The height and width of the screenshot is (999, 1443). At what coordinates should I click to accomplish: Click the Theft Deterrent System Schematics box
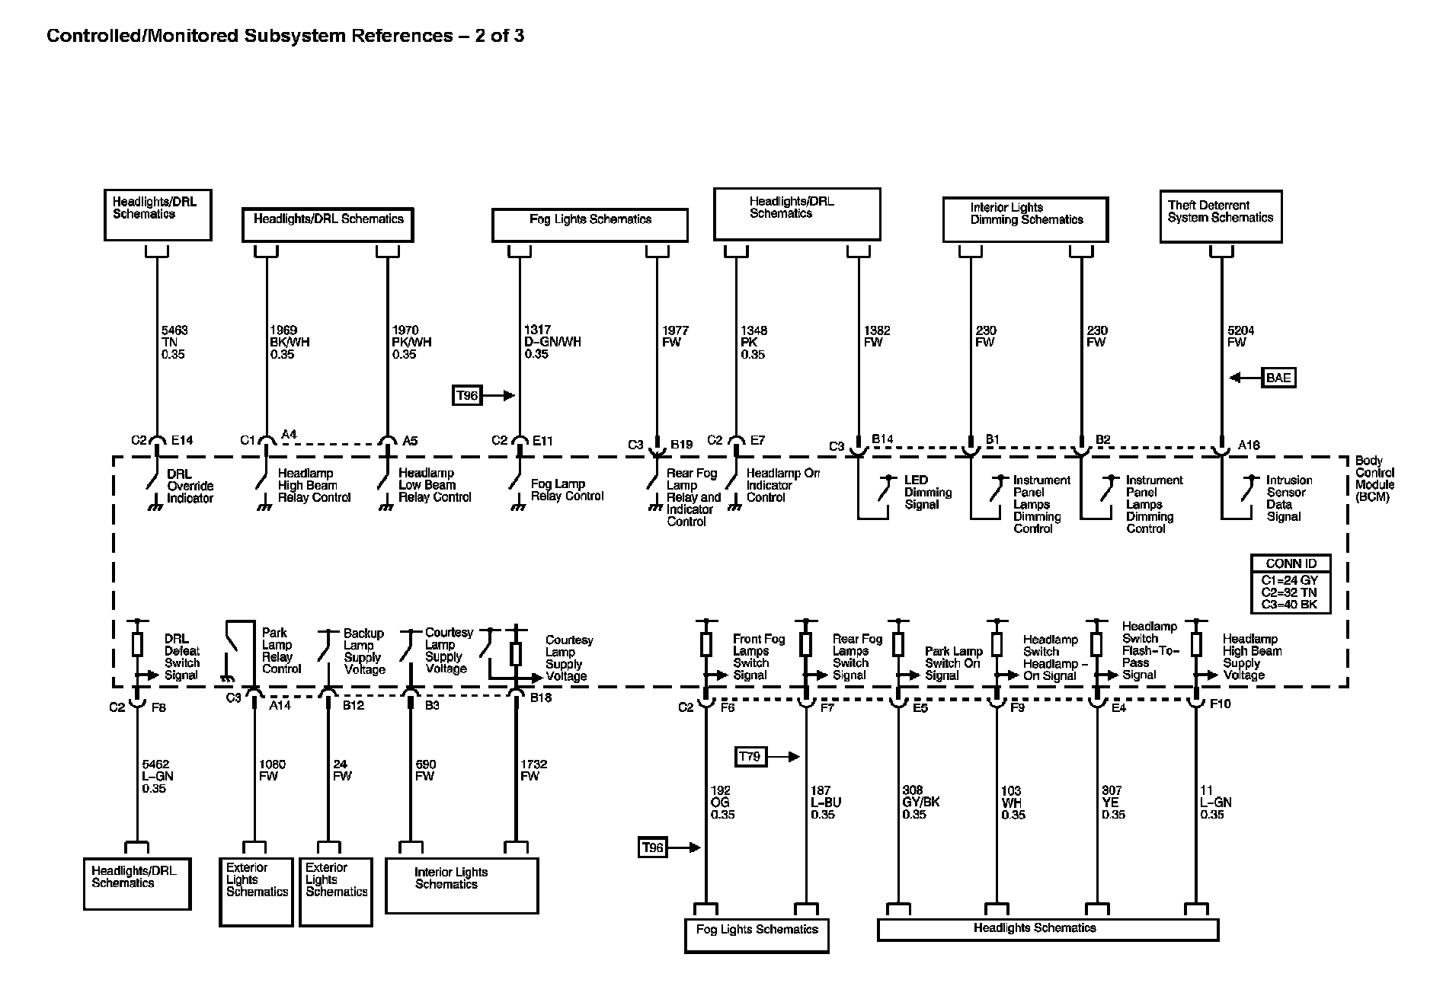coord(1221,217)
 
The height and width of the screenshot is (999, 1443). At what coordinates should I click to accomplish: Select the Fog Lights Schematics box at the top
coord(590,225)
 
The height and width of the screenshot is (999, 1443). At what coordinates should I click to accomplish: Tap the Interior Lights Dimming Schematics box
coord(1025,219)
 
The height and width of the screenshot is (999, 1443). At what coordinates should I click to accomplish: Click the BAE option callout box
coord(1278,378)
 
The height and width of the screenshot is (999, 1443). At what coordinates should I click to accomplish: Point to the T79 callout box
coord(750,756)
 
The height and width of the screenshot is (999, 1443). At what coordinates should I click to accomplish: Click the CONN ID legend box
coord(1291,584)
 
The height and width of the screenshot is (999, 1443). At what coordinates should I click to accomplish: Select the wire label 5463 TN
coord(174,342)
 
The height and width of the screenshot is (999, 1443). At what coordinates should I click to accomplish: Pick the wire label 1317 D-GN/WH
coord(552,342)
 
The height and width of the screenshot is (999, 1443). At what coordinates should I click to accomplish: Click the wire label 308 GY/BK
coord(920,803)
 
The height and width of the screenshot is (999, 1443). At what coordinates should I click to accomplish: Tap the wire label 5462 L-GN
coord(157,776)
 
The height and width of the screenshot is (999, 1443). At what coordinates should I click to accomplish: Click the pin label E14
coord(182,440)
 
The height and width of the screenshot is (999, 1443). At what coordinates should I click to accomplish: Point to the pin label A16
coord(1249,445)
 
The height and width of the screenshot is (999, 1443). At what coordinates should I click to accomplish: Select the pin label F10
coord(1220,704)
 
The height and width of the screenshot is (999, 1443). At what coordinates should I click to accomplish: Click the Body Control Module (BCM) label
coord(1374,479)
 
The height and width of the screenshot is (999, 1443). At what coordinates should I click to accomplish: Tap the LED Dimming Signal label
coord(927,492)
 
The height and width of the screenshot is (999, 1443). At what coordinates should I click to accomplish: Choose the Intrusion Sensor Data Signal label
coord(1289,498)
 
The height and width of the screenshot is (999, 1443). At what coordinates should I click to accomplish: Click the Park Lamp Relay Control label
coord(281,651)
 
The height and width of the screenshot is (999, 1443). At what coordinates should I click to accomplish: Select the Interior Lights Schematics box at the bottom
coord(462,886)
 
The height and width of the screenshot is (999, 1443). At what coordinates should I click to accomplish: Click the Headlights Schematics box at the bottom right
coord(1048,929)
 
